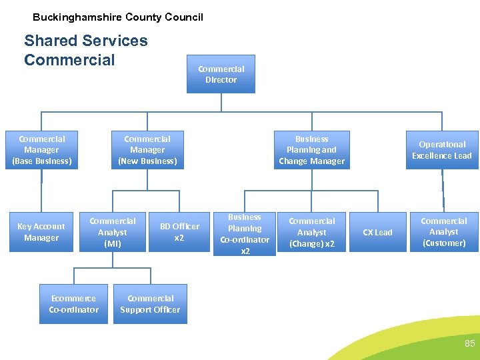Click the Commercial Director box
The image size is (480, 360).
[221, 74]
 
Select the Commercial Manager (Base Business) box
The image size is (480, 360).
[42, 150]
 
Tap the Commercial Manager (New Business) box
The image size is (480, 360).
[147, 150]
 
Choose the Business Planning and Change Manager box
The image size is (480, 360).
[312, 150]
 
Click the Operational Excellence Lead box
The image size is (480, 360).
[441, 150]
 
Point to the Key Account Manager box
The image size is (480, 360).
[41, 232]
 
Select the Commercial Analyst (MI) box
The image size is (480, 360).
[112, 232]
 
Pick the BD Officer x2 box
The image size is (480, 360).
[179, 232]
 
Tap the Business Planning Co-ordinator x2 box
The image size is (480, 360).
[245, 234]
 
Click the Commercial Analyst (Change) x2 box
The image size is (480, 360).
[311, 232]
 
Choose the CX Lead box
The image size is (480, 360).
[377, 232]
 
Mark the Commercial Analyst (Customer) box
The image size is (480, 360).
[444, 232]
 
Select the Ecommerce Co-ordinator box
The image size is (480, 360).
[73, 304]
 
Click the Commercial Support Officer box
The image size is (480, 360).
[150, 304]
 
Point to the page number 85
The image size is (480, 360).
[469, 344]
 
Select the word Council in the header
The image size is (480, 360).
[185, 17]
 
